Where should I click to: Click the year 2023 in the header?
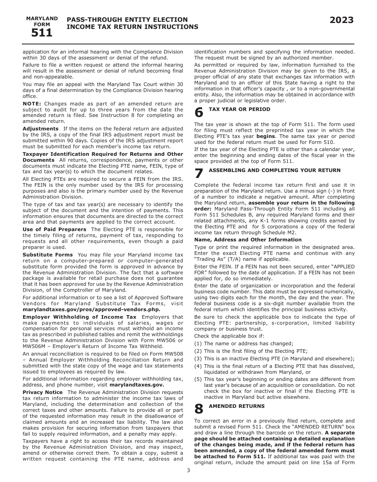341,21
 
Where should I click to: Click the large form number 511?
42,33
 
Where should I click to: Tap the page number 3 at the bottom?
188,471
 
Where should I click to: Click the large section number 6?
199,113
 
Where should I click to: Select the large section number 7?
199,173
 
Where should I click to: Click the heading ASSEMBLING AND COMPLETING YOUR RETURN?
274,170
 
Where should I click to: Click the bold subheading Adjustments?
40,128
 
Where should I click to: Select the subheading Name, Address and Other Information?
248,239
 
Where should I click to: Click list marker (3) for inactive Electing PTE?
198,359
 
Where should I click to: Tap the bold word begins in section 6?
265,136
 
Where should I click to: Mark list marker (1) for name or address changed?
198,344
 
